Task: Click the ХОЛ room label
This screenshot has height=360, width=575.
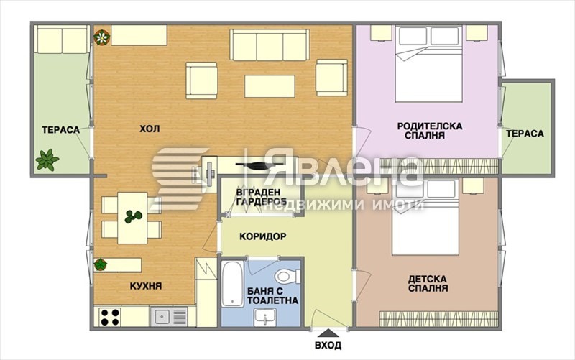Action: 149,129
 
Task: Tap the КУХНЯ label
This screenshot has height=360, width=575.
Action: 146,286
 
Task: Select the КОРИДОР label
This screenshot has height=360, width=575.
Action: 263,236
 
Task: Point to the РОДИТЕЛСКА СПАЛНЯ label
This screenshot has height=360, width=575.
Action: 429,130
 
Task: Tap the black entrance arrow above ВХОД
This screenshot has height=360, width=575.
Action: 328,333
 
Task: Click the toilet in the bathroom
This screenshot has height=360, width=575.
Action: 287,276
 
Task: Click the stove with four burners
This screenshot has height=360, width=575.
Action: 109,317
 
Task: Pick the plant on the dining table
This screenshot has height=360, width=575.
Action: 133,216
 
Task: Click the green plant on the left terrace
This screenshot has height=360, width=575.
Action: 47,159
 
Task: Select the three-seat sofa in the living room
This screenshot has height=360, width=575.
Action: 270,45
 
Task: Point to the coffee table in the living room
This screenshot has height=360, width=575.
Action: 270,86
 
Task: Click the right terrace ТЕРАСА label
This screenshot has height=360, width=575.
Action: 525,134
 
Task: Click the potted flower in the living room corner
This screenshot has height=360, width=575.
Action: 101,36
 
